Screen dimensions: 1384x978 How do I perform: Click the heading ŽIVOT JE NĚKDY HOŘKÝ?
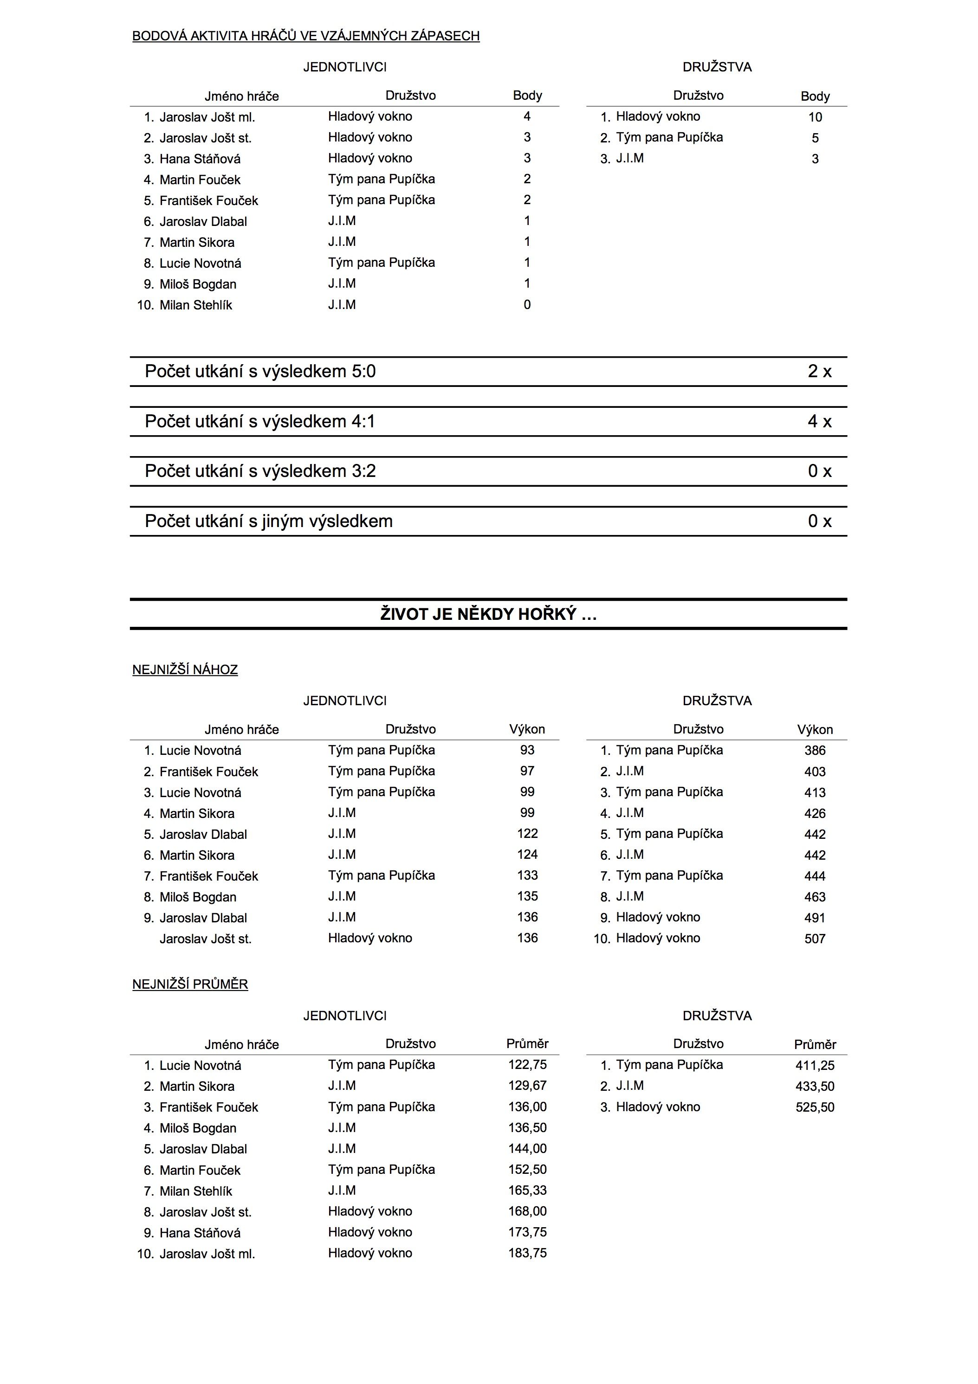point(488,614)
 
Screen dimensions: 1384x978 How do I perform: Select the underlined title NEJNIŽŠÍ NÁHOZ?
point(185,669)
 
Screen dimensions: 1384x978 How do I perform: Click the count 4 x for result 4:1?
point(819,421)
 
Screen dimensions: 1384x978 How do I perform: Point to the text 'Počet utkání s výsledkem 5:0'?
point(260,371)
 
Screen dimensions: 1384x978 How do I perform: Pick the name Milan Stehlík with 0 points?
point(195,305)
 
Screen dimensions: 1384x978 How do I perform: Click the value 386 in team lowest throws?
point(815,751)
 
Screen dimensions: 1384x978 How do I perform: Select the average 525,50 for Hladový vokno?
point(815,1107)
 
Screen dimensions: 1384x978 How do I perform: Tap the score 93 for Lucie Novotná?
point(527,750)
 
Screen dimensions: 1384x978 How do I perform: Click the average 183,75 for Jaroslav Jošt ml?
point(527,1253)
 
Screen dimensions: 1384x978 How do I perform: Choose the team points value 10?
point(815,117)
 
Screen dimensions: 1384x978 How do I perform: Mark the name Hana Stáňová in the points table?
point(200,159)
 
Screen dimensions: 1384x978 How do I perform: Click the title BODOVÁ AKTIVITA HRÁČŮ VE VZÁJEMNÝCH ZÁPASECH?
point(306,36)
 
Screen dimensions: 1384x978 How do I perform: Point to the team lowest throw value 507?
point(815,939)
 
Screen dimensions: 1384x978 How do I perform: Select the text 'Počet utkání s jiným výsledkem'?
point(268,521)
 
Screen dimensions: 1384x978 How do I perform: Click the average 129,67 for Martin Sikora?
point(527,1086)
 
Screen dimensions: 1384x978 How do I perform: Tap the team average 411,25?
point(815,1066)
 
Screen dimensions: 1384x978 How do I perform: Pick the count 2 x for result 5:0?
point(819,371)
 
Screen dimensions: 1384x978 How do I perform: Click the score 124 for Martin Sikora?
point(527,854)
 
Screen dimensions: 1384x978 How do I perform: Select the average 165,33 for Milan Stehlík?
point(527,1191)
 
